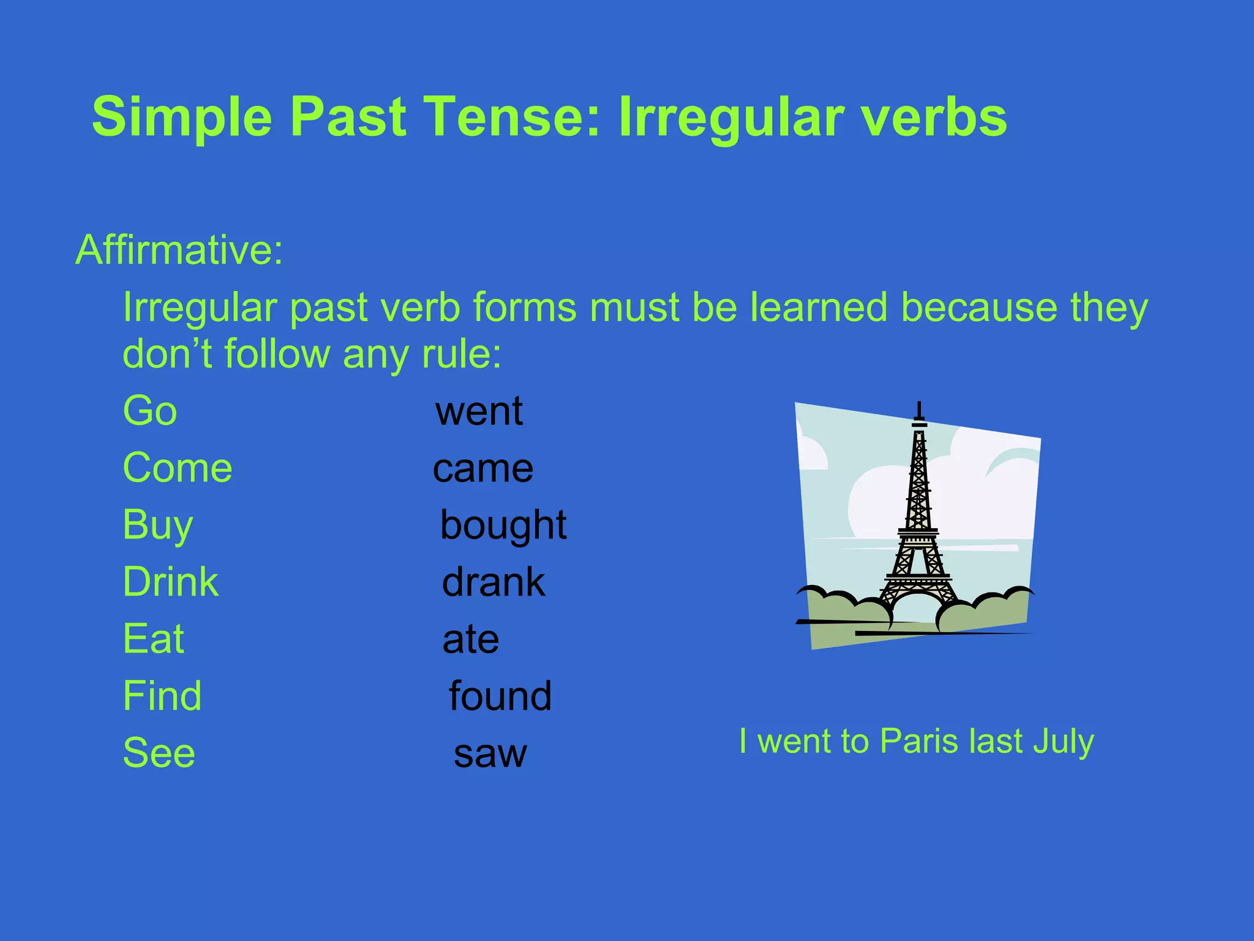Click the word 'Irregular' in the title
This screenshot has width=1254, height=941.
pos(732,118)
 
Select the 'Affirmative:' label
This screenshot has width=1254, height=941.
pos(179,250)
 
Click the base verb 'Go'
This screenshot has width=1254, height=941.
pos(150,411)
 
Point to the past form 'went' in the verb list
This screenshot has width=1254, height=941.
pos(479,411)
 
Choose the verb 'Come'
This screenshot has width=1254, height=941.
pos(178,468)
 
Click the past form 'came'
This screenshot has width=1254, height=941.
pos(483,469)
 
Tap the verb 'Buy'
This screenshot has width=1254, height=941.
pos(158,526)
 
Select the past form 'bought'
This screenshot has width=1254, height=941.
pos(503,526)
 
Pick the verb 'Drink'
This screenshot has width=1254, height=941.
pos(171,582)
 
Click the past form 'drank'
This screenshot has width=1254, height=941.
pos(494,582)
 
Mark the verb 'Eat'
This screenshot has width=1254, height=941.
pos(154,639)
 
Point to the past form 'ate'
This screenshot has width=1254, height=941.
pos(471,640)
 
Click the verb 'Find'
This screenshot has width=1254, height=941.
pos(162,696)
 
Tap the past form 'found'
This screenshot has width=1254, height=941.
pos(500,696)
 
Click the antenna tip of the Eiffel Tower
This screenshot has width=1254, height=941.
pos(919,404)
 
